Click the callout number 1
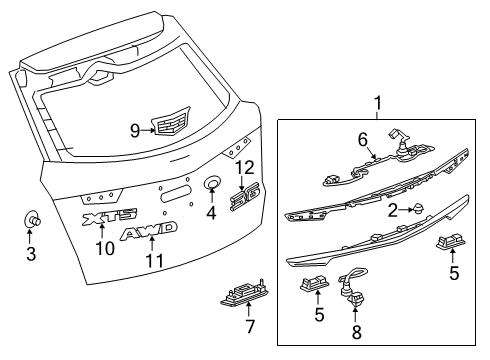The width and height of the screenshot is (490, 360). (x=378, y=103)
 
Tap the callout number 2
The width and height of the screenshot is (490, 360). (x=394, y=209)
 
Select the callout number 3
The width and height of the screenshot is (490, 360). (x=31, y=254)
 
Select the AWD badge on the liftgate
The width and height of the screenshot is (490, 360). (x=149, y=233)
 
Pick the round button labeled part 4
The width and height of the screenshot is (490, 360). (x=212, y=184)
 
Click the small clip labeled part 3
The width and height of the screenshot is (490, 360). (x=31, y=222)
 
